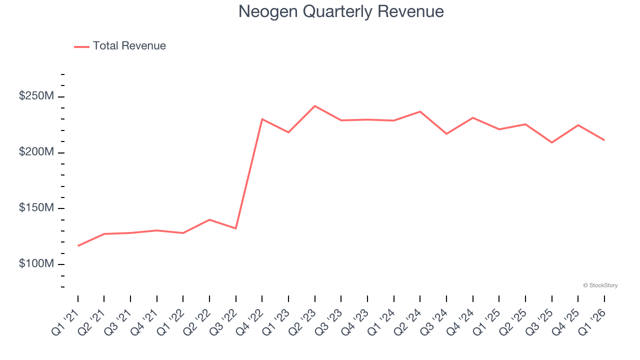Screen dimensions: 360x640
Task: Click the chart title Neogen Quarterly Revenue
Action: click(341, 11)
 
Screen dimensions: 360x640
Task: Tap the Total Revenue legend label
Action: click(129, 46)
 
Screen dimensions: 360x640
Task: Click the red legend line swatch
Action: click(81, 46)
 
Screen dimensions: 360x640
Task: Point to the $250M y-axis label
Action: click(36, 96)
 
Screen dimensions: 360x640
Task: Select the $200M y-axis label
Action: click(36, 152)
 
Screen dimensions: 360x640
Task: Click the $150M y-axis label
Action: click(36, 208)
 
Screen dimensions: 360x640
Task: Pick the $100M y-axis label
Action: click(36, 264)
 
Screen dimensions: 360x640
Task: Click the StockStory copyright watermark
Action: click(600, 285)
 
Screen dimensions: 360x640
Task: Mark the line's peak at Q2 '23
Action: click(315, 106)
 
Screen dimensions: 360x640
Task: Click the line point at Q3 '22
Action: click(236, 228)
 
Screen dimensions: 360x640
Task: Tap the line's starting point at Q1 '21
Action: click(78, 246)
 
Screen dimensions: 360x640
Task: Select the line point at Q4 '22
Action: click(262, 119)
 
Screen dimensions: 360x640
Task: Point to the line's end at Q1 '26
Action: click(604, 140)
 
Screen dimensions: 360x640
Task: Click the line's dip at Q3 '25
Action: click(552, 142)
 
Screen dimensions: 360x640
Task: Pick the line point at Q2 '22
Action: click(209, 219)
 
